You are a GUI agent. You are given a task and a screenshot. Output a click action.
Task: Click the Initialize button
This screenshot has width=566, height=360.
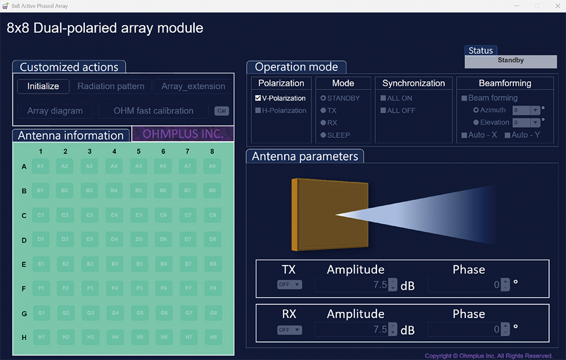tap(43, 87)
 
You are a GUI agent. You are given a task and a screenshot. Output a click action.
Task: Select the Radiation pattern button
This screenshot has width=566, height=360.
tap(111, 87)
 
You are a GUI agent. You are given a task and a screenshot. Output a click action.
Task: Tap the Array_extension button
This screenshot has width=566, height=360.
tap(193, 87)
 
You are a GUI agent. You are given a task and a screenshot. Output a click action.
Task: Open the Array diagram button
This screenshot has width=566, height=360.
tap(55, 111)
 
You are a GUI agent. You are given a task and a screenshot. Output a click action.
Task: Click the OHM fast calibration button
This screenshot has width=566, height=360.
tap(153, 111)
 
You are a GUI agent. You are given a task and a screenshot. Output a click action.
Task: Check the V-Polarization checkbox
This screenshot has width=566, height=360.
tap(258, 98)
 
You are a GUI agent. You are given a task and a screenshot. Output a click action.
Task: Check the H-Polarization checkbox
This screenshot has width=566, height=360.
tap(258, 110)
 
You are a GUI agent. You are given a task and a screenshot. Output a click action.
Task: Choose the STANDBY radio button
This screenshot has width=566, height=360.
tap(323, 98)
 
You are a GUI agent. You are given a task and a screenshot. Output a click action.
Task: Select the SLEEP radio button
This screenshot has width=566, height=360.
tap(323, 135)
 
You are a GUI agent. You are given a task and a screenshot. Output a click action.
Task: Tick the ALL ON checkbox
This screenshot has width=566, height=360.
tap(383, 98)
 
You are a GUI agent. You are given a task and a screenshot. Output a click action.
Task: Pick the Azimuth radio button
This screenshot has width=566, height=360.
tap(476, 110)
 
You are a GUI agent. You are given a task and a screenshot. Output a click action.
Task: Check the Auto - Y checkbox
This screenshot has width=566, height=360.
tap(507, 135)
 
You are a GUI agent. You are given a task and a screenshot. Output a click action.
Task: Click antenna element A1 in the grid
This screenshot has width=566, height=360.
tap(40, 166)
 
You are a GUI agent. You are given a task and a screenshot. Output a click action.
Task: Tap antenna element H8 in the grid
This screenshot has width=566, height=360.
tap(212, 337)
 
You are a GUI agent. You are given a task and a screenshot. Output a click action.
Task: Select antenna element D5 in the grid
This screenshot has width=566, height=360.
tap(139, 240)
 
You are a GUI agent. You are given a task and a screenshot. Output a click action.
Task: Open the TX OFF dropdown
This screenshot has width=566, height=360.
tap(289, 285)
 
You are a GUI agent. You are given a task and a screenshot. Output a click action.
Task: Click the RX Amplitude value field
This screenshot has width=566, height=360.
tap(351, 329)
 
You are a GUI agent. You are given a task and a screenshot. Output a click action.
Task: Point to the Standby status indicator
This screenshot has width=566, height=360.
tap(511, 61)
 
